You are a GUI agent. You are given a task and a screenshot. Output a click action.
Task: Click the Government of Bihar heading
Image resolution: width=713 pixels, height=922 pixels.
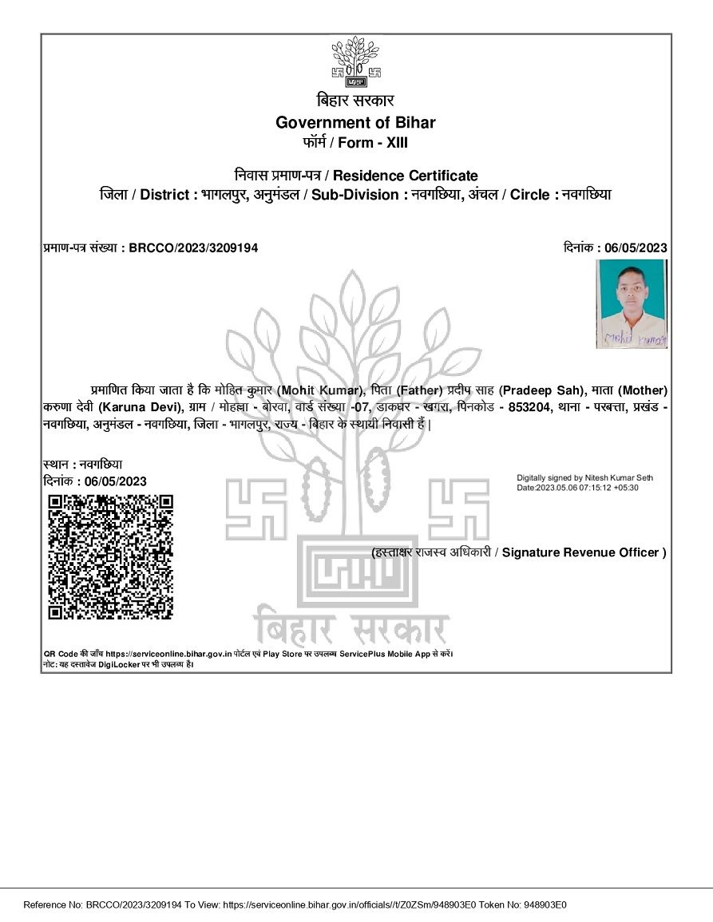coord(355,122)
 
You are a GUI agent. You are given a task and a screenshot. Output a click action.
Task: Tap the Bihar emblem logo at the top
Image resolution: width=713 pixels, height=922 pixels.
coord(355,62)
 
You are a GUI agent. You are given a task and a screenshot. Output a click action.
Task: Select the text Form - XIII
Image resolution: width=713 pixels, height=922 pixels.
coord(373,143)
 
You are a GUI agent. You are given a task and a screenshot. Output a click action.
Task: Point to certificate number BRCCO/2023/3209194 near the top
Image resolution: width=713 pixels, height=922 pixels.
coord(193,248)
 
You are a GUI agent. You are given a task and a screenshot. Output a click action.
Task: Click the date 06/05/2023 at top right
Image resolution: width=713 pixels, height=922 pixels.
coord(636,248)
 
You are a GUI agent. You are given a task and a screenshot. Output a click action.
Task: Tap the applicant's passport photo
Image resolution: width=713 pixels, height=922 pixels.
coord(632,304)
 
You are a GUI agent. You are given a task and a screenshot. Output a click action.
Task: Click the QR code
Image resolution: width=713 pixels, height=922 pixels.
coord(111,556)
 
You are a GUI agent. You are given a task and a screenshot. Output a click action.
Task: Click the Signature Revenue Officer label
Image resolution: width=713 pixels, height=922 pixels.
coord(580,552)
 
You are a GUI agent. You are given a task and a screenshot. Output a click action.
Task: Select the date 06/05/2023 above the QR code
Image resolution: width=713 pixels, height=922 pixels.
coord(116,481)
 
